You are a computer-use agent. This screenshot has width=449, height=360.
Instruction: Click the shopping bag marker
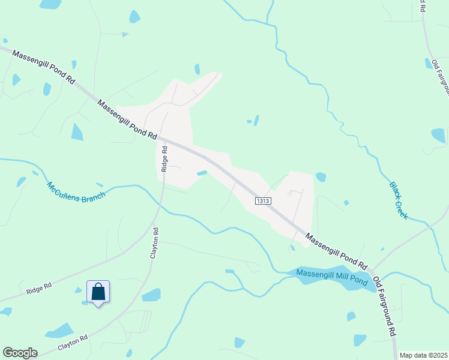tap(98, 292)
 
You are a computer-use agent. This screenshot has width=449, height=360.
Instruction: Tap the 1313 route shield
tap(264, 201)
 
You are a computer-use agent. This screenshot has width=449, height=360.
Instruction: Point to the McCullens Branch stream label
tap(76, 191)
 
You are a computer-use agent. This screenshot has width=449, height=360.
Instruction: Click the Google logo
tap(20, 353)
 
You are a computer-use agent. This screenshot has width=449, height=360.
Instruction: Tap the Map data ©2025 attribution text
tap(423, 355)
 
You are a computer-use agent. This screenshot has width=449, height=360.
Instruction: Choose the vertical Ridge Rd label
tap(164, 160)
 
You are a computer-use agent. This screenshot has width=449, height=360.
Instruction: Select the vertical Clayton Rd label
tap(155, 242)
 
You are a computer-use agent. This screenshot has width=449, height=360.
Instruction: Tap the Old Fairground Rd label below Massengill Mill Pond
tap(384, 306)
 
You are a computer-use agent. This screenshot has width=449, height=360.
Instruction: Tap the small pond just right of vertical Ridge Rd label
tap(202, 173)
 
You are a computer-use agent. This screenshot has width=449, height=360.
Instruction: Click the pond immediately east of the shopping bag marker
tap(151, 295)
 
